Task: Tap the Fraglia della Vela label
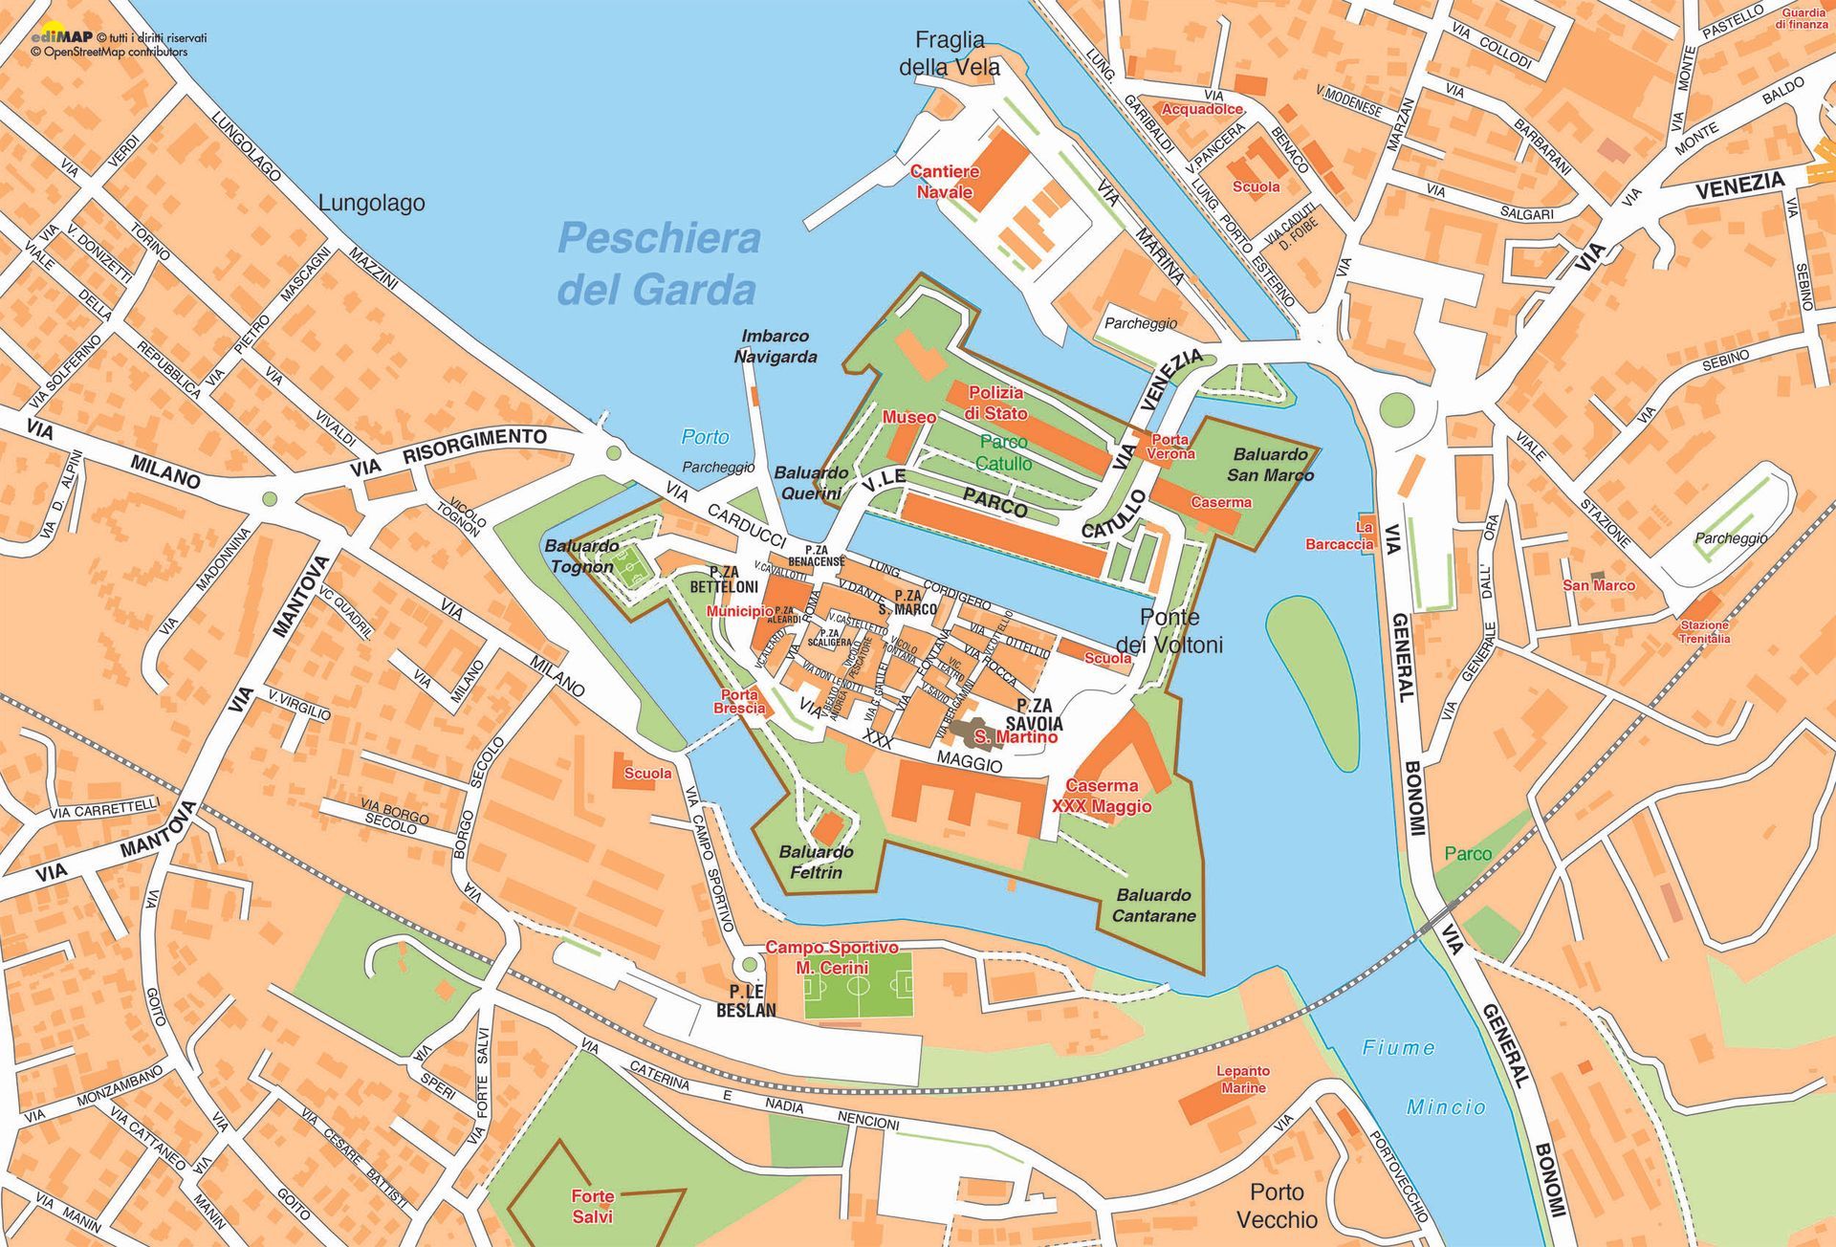[x=949, y=54]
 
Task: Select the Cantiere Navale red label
[x=944, y=182]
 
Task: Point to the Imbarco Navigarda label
[x=776, y=346]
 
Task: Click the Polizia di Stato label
[x=995, y=403]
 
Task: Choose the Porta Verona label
[x=1169, y=447]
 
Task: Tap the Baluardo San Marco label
[x=1270, y=465]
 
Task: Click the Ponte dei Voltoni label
[x=1169, y=631]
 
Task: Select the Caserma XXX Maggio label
[x=1102, y=796]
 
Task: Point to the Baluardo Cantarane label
[x=1153, y=905]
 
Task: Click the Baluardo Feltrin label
[x=816, y=862]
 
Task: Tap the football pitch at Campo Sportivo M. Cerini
[x=858, y=985]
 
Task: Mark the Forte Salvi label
[x=593, y=1206]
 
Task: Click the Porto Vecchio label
[x=1277, y=1205]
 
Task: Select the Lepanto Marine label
[x=1243, y=1079]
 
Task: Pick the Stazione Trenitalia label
[x=1704, y=631]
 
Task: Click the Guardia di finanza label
[x=1802, y=18]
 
